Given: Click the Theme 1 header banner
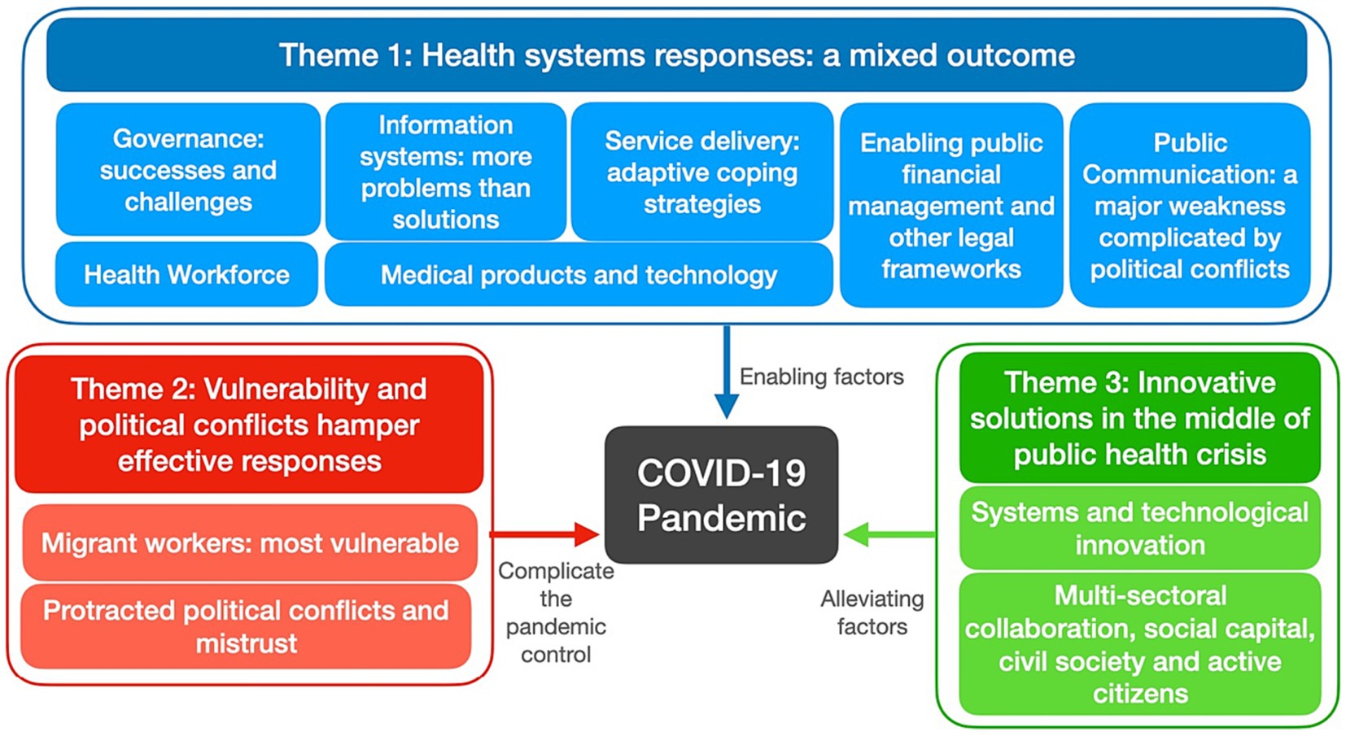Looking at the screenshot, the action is point(676,54).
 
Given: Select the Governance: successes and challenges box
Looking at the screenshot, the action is point(188,169).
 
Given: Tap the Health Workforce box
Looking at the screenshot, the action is point(186,274).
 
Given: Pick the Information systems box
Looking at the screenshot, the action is point(446,172).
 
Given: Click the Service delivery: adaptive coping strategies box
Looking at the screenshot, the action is point(701,172).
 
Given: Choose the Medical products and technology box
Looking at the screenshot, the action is point(579,274).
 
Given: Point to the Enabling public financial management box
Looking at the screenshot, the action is point(951,205).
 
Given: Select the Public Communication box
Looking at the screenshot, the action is point(1190,205).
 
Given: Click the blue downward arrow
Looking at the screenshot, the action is point(727,372).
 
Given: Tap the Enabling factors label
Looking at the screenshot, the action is point(821,377).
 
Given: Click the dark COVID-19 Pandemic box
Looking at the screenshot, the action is point(721,494).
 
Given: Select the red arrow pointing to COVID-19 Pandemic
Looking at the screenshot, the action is point(544,533).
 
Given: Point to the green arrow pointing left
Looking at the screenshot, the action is point(889,533).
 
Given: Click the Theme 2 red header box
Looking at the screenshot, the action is point(249,424).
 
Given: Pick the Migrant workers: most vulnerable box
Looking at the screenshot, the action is point(250,542).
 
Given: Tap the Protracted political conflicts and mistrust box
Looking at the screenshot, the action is point(247,626).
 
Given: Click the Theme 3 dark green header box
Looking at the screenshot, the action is point(1140,418).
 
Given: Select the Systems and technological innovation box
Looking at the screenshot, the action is point(1140,529).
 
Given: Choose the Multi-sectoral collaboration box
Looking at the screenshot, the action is point(1140,643).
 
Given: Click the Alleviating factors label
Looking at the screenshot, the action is point(872,612).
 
